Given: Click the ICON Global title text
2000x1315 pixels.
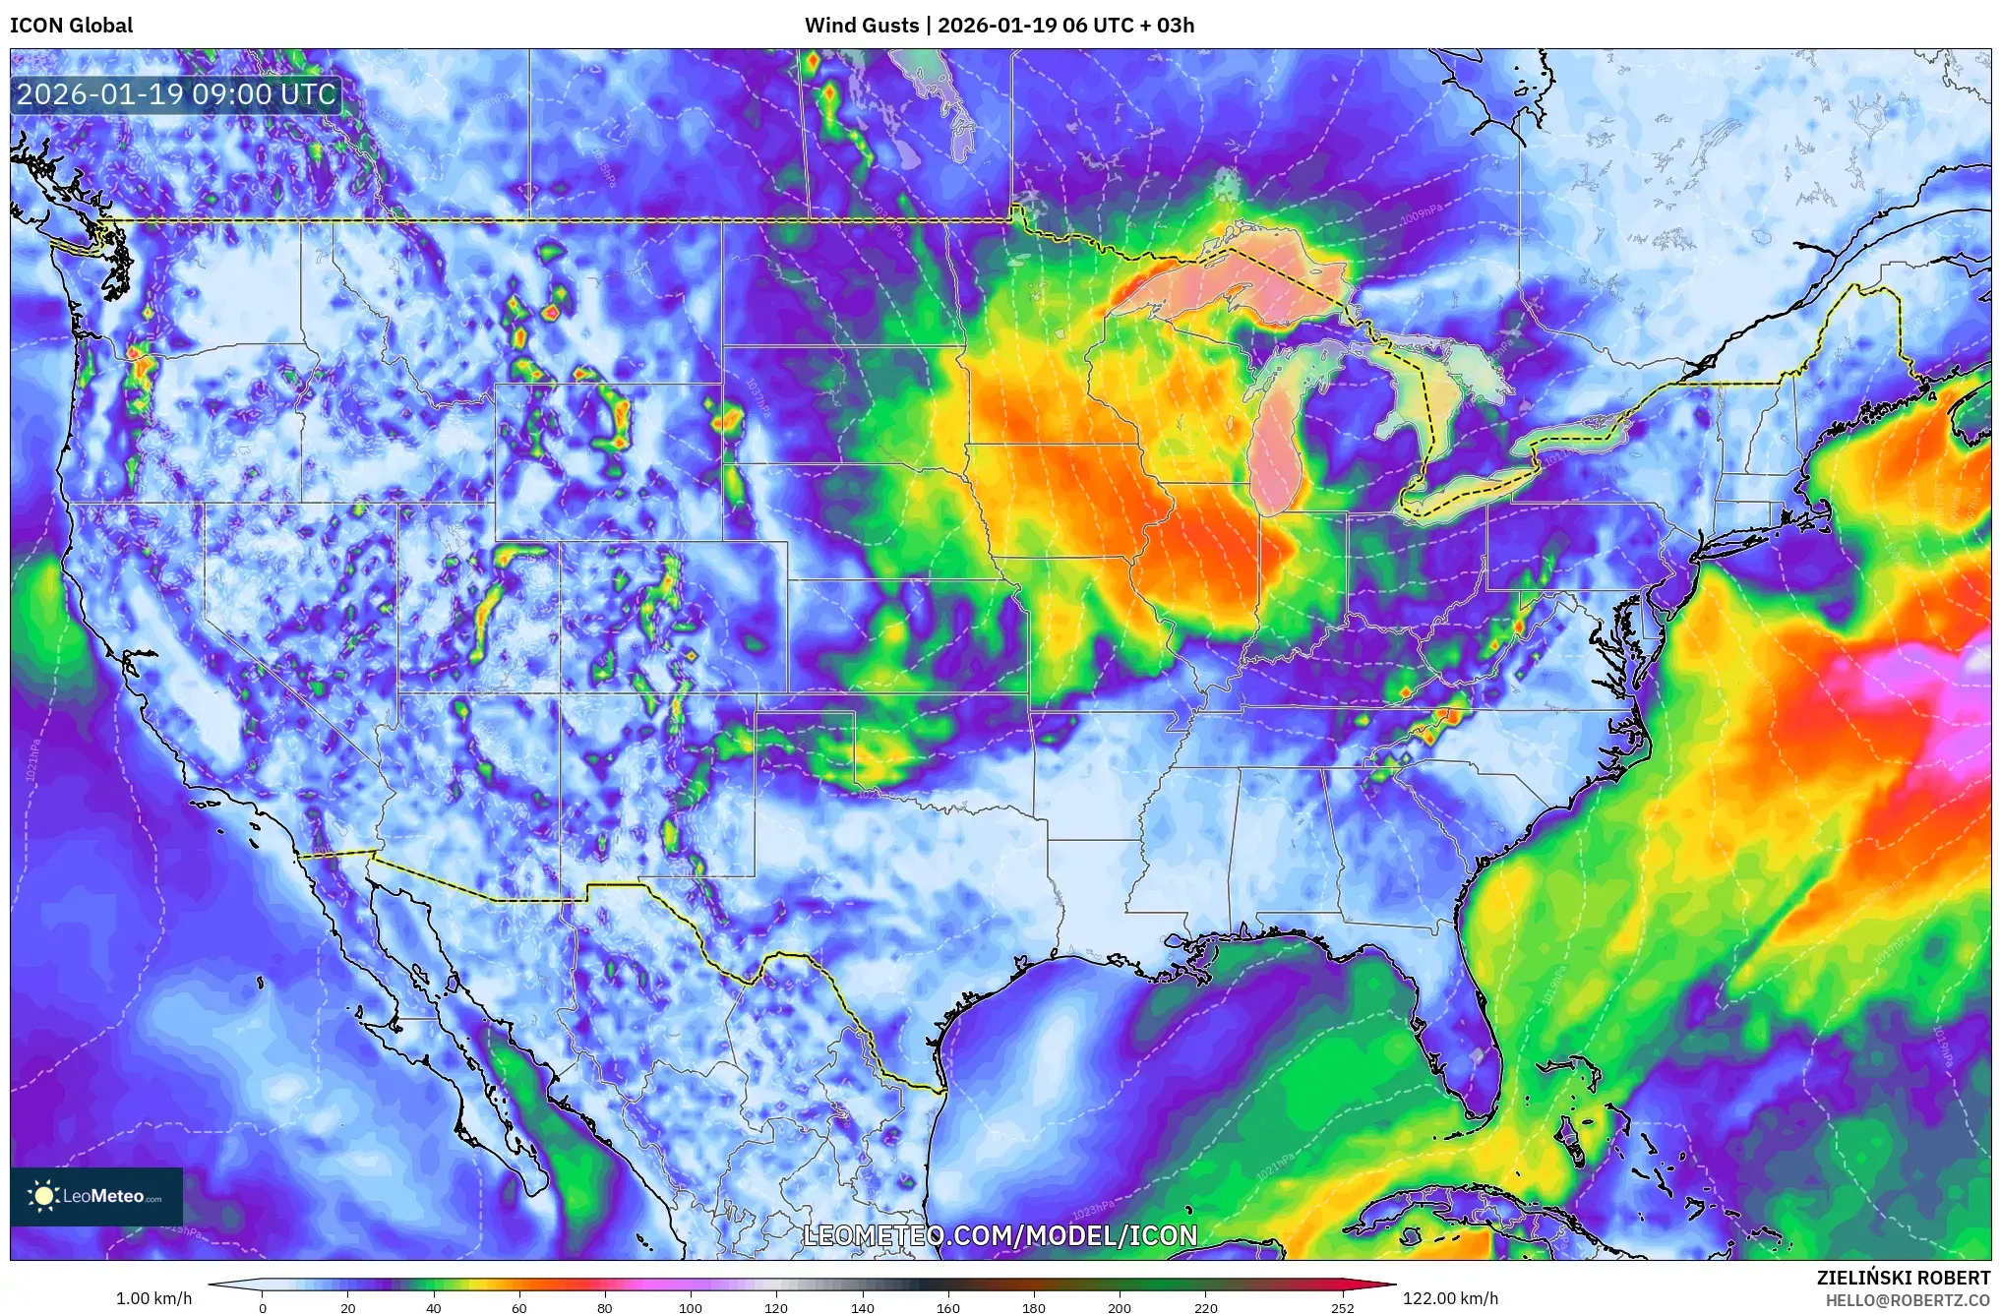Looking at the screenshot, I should pyautogui.click(x=71, y=26).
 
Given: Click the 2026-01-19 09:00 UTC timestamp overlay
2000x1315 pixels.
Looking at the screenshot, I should pyautogui.click(x=177, y=94).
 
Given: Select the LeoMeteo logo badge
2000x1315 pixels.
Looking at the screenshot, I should pyautogui.click(x=96, y=1196).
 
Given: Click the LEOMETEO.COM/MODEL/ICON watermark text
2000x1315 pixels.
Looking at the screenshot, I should pyautogui.click(x=1000, y=1235).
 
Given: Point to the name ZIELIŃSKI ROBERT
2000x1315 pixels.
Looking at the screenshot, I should pyautogui.click(x=1903, y=1278).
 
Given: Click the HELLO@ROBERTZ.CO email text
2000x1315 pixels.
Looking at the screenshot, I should pyautogui.click(x=1908, y=1300).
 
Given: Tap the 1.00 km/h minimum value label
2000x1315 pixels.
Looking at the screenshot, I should pyautogui.click(x=153, y=1298).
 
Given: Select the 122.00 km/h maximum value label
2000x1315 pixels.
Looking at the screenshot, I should pyautogui.click(x=1450, y=1298).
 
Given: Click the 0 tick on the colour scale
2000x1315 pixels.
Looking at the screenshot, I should pyautogui.click(x=263, y=1308).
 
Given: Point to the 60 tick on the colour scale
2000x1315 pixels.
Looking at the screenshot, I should pyautogui.click(x=518, y=1308).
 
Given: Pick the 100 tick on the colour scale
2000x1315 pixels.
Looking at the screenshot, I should pyautogui.click(x=690, y=1308).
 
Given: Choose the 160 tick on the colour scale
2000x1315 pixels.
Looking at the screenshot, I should pyautogui.click(x=947, y=1308).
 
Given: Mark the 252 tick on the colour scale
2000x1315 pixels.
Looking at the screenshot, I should pyautogui.click(x=1342, y=1308).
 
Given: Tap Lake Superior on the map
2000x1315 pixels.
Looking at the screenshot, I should pyautogui.click(x=1240, y=280).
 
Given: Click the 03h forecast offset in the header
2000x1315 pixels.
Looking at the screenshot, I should pyautogui.click(x=1175, y=26).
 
